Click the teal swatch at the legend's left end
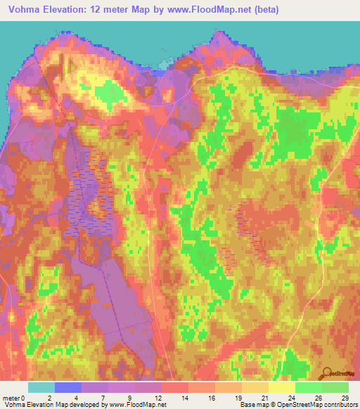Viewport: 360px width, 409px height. coord(41,387)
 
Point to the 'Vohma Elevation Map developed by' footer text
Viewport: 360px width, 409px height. coord(51,405)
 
